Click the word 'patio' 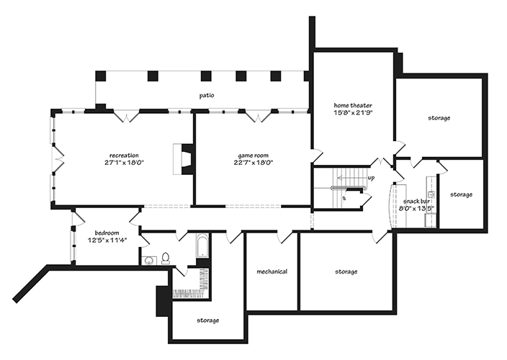(x=207, y=96)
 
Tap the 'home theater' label (x=353, y=105)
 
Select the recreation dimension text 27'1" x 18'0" (x=124, y=163)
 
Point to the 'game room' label (x=253, y=156)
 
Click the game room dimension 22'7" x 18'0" (x=253, y=163)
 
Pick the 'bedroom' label (x=107, y=233)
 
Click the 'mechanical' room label (x=272, y=271)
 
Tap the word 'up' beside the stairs (x=371, y=178)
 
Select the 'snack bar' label (x=416, y=202)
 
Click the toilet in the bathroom (x=166, y=258)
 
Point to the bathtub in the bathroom (x=202, y=246)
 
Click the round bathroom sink (x=149, y=261)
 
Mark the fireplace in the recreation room (x=184, y=159)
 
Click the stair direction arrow (x=351, y=178)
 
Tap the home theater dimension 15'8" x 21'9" (x=353, y=112)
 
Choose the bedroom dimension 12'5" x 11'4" (x=107, y=240)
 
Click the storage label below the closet (x=208, y=320)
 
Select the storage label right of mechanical (x=346, y=271)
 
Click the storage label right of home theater (x=439, y=118)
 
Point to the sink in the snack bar (x=431, y=195)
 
